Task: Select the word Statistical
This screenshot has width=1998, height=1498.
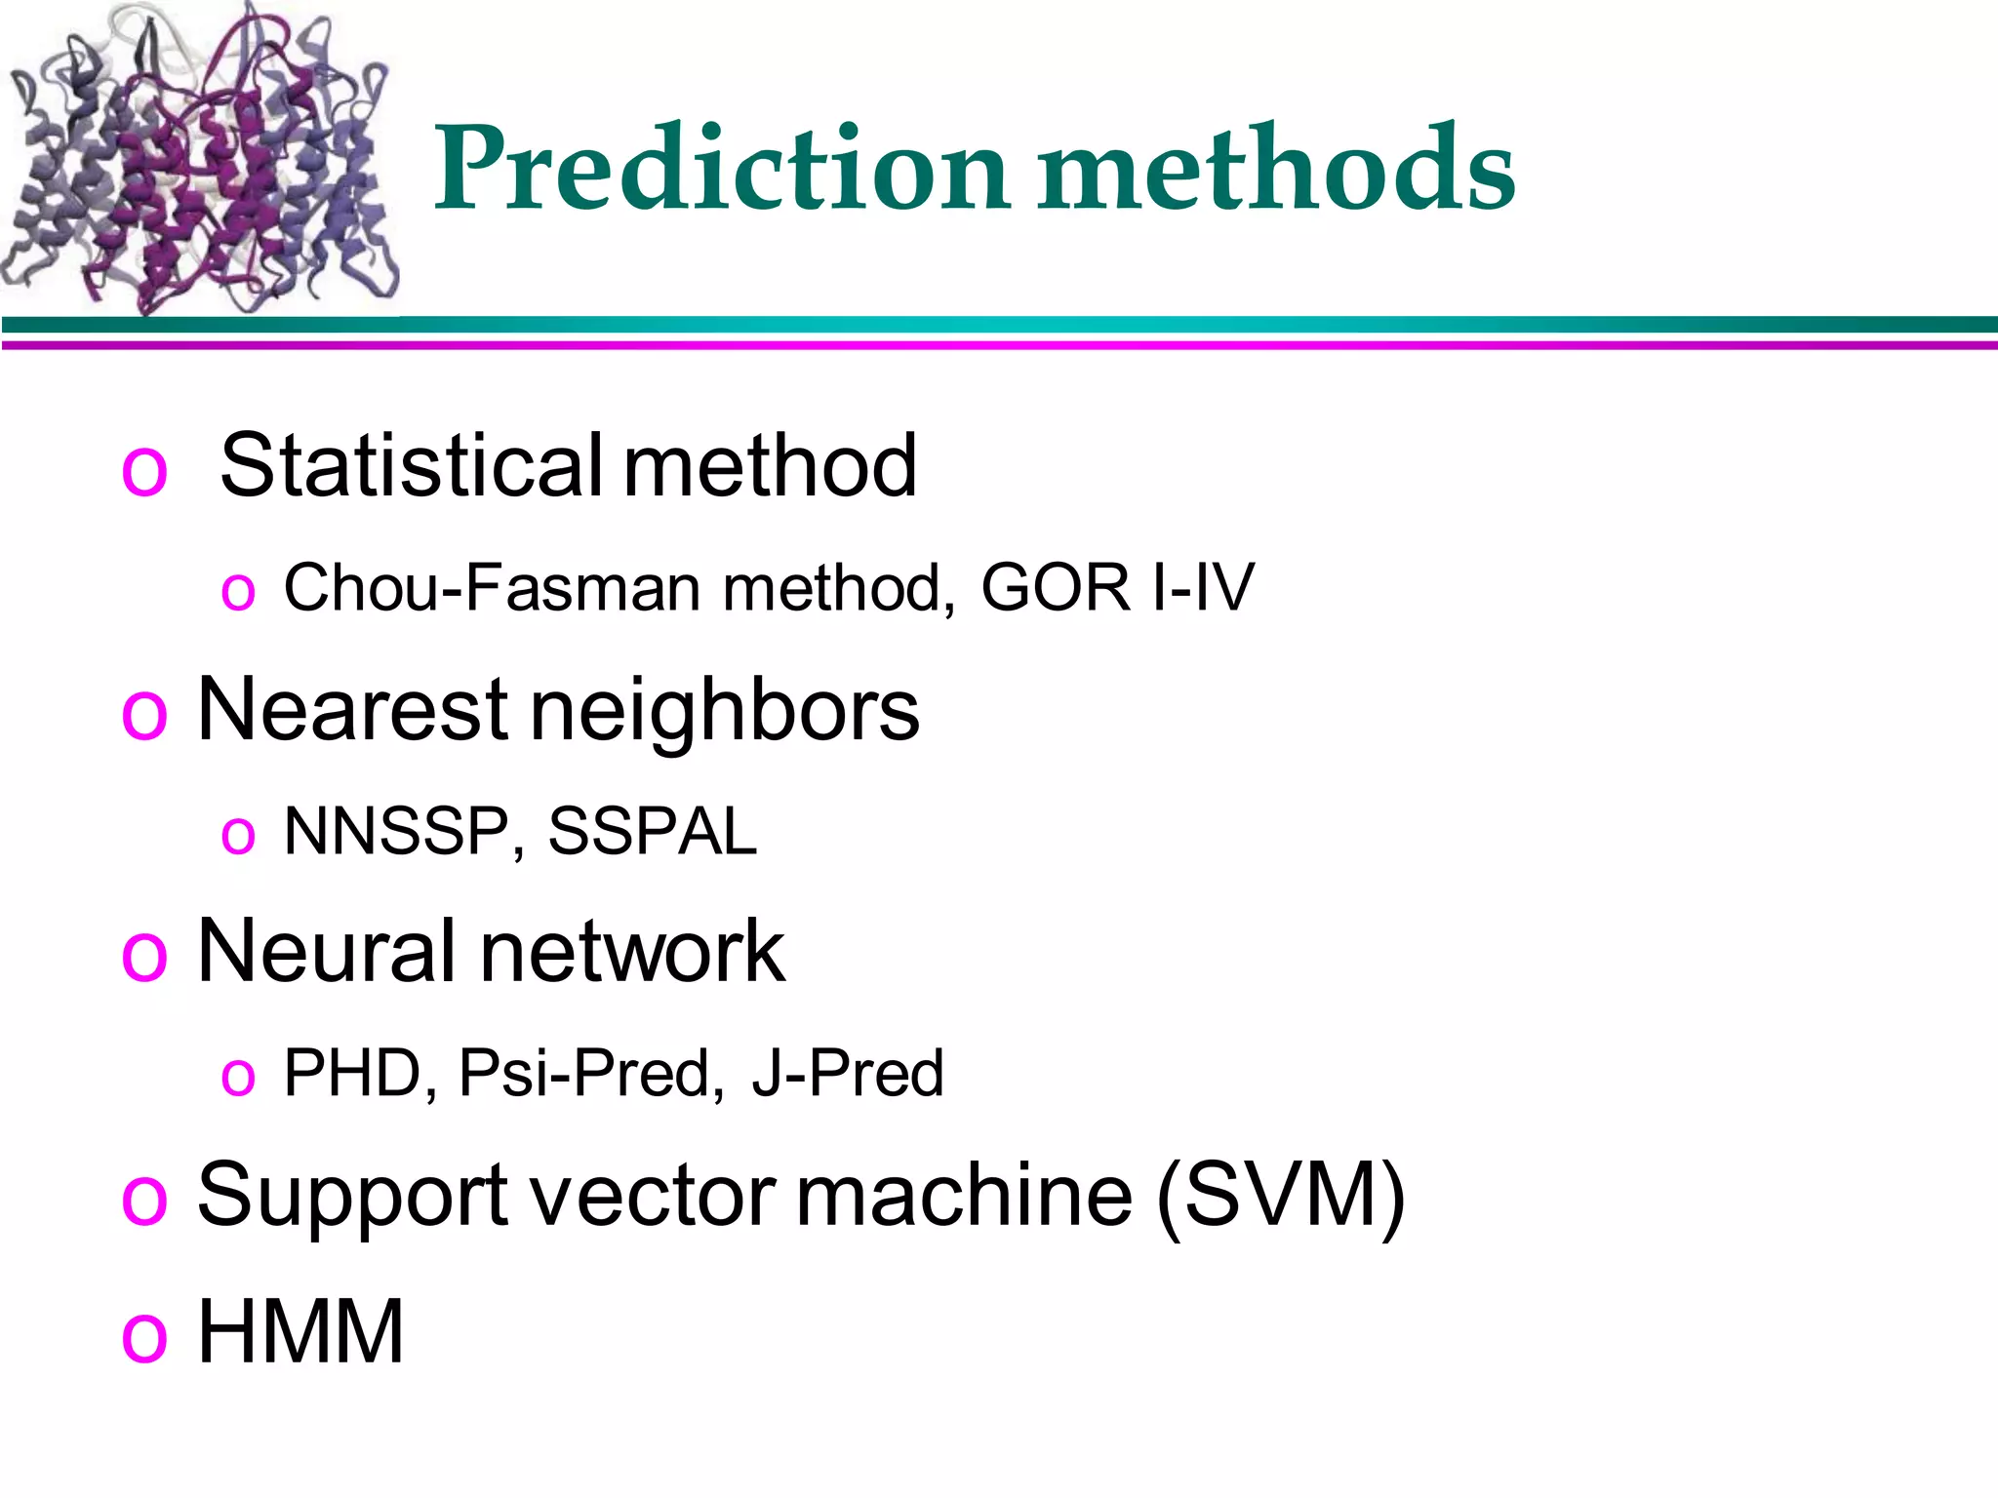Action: (x=412, y=465)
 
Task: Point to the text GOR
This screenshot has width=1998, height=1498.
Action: (x=1055, y=587)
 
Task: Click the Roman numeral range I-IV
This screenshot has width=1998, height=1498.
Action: (x=1202, y=587)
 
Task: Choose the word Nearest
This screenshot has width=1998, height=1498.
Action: (x=351, y=709)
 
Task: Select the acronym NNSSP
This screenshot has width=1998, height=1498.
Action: (x=396, y=831)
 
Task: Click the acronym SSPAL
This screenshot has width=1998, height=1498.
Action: (x=652, y=831)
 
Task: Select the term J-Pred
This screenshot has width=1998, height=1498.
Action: (x=847, y=1073)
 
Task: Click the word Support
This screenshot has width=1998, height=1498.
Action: (x=351, y=1196)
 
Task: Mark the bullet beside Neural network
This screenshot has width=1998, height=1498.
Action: (x=144, y=956)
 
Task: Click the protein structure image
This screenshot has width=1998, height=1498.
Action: (x=200, y=161)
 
